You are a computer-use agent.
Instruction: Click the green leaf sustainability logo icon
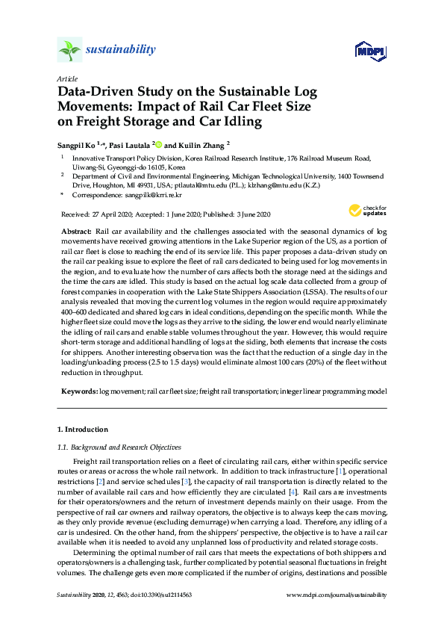pos(69,50)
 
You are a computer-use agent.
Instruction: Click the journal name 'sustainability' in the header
pos(121,50)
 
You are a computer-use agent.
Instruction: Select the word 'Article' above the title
pos(66,78)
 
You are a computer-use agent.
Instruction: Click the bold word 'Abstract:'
pos(76,232)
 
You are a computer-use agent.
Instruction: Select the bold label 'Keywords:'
pos(78,391)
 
